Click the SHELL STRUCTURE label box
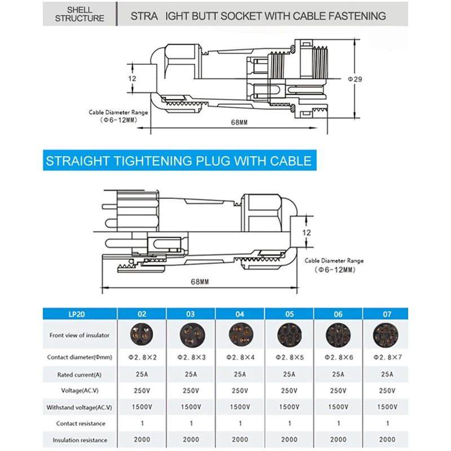pos(79,14)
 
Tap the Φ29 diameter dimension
pos(355,79)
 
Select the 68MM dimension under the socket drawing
pos(239,122)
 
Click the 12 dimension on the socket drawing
pos(132,78)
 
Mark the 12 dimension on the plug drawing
pos(307,232)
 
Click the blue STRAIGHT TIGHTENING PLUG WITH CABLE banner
pos(179,161)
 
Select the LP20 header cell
pos(79,314)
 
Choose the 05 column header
pos(289,314)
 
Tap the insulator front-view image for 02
pos(142,335)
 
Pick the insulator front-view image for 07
pos(387,335)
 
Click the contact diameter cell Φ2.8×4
pos(240,357)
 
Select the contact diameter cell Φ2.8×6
pos(338,357)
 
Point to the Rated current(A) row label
pos(79,374)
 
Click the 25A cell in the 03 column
pos(191,374)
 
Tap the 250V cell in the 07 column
pos(387,390)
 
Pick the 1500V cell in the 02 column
pos(142,407)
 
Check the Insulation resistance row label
pos(79,440)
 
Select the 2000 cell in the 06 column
pos(338,440)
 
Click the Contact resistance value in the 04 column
pos(240,423)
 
